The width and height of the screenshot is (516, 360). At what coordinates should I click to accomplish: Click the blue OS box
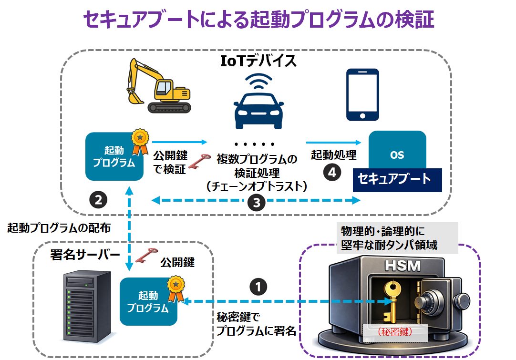click(x=397, y=154)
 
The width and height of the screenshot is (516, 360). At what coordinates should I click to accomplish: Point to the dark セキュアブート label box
click(x=397, y=179)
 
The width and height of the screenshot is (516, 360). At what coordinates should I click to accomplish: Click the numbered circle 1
click(x=258, y=286)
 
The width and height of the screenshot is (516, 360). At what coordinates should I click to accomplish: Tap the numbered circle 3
click(x=257, y=203)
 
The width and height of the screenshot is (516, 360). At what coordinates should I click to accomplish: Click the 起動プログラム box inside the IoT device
click(x=114, y=156)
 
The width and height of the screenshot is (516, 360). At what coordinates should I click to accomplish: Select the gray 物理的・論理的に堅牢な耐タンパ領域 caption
click(x=397, y=238)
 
